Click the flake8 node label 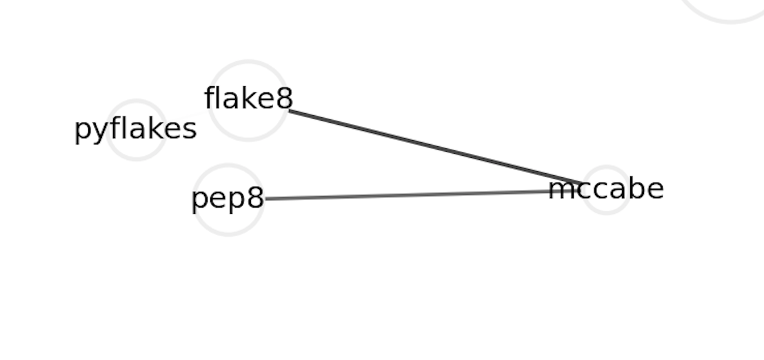(248, 99)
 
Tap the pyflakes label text (135, 129)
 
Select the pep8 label (228, 199)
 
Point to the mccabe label (605, 189)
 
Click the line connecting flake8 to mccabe (434, 146)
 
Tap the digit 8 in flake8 (285, 99)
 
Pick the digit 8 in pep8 (255, 199)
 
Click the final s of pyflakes (190, 130)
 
